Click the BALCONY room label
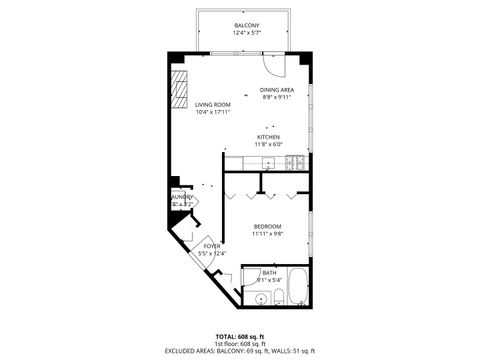pyautogui.click(x=247, y=25)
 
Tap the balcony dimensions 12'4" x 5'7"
pyautogui.click(x=247, y=34)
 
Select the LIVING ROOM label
pyautogui.click(x=212, y=104)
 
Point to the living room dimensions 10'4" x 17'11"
pyautogui.click(x=212, y=112)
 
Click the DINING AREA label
pyautogui.click(x=275, y=90)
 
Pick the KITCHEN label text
pyautogui.click(x=267, y=136)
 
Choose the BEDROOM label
pyautogui.click(x=267, y=226)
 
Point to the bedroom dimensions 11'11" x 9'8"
pyautogui.click(x=267, y=234)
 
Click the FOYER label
pyautogui.click(x=211, y=245)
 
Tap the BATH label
pyautogui.click(x=269, y=272)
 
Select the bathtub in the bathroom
pyautogui.click(x=298, y=288)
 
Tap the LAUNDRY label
pyautogui.click(x=181, y=197)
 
